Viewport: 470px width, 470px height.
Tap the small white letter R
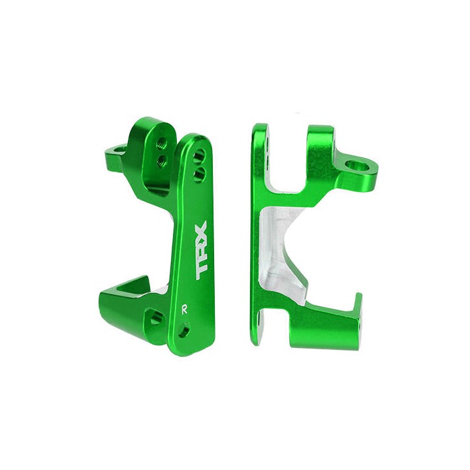pos(185,310)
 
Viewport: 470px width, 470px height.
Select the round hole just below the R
pos(183,329)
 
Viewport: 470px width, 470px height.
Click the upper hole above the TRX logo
pos(199,157)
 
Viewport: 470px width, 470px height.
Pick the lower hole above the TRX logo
pos(199,174)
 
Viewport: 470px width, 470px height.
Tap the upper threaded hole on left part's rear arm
pos(162,143)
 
